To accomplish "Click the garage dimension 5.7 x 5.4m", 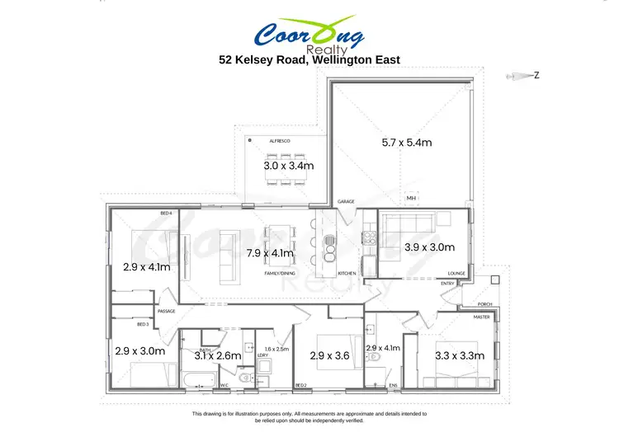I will point(406,143).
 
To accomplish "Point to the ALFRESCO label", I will point(279,142).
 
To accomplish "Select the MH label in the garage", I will point(411,199).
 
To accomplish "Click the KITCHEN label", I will point(346,272).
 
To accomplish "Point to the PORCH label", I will point(485,304).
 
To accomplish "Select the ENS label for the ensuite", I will point(394,385).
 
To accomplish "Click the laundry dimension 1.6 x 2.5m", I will point(277,349).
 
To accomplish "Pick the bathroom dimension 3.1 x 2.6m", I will point(217,355).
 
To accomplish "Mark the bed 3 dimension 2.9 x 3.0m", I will point(140,351).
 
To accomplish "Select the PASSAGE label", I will point(168,311).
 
